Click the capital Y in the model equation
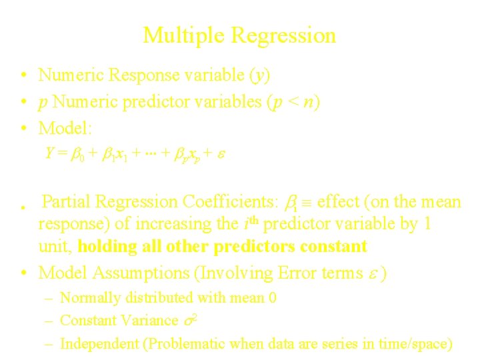point(49,153)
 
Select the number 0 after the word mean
point(272,297)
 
